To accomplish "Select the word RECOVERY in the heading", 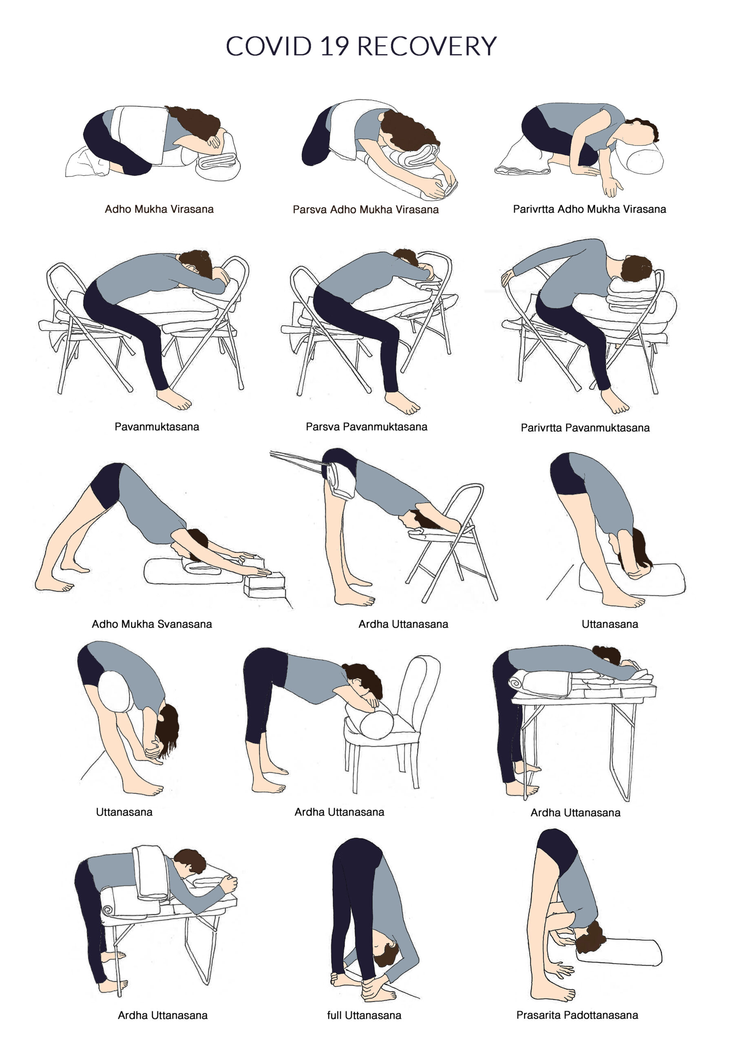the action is coord(427,46).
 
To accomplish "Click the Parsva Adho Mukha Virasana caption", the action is coord(366,210).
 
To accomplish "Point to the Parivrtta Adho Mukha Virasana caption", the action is coord(589,209).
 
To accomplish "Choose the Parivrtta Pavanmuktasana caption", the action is coord(585,427).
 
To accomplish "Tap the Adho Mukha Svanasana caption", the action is coord(152,624).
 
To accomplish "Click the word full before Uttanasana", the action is coord(334,1015).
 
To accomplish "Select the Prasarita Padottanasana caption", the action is coord(577,1015).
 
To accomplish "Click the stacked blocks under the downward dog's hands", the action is coord(265,585).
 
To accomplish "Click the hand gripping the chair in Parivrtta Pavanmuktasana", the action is coord(508,277).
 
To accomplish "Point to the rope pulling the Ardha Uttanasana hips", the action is coord(298,458).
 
